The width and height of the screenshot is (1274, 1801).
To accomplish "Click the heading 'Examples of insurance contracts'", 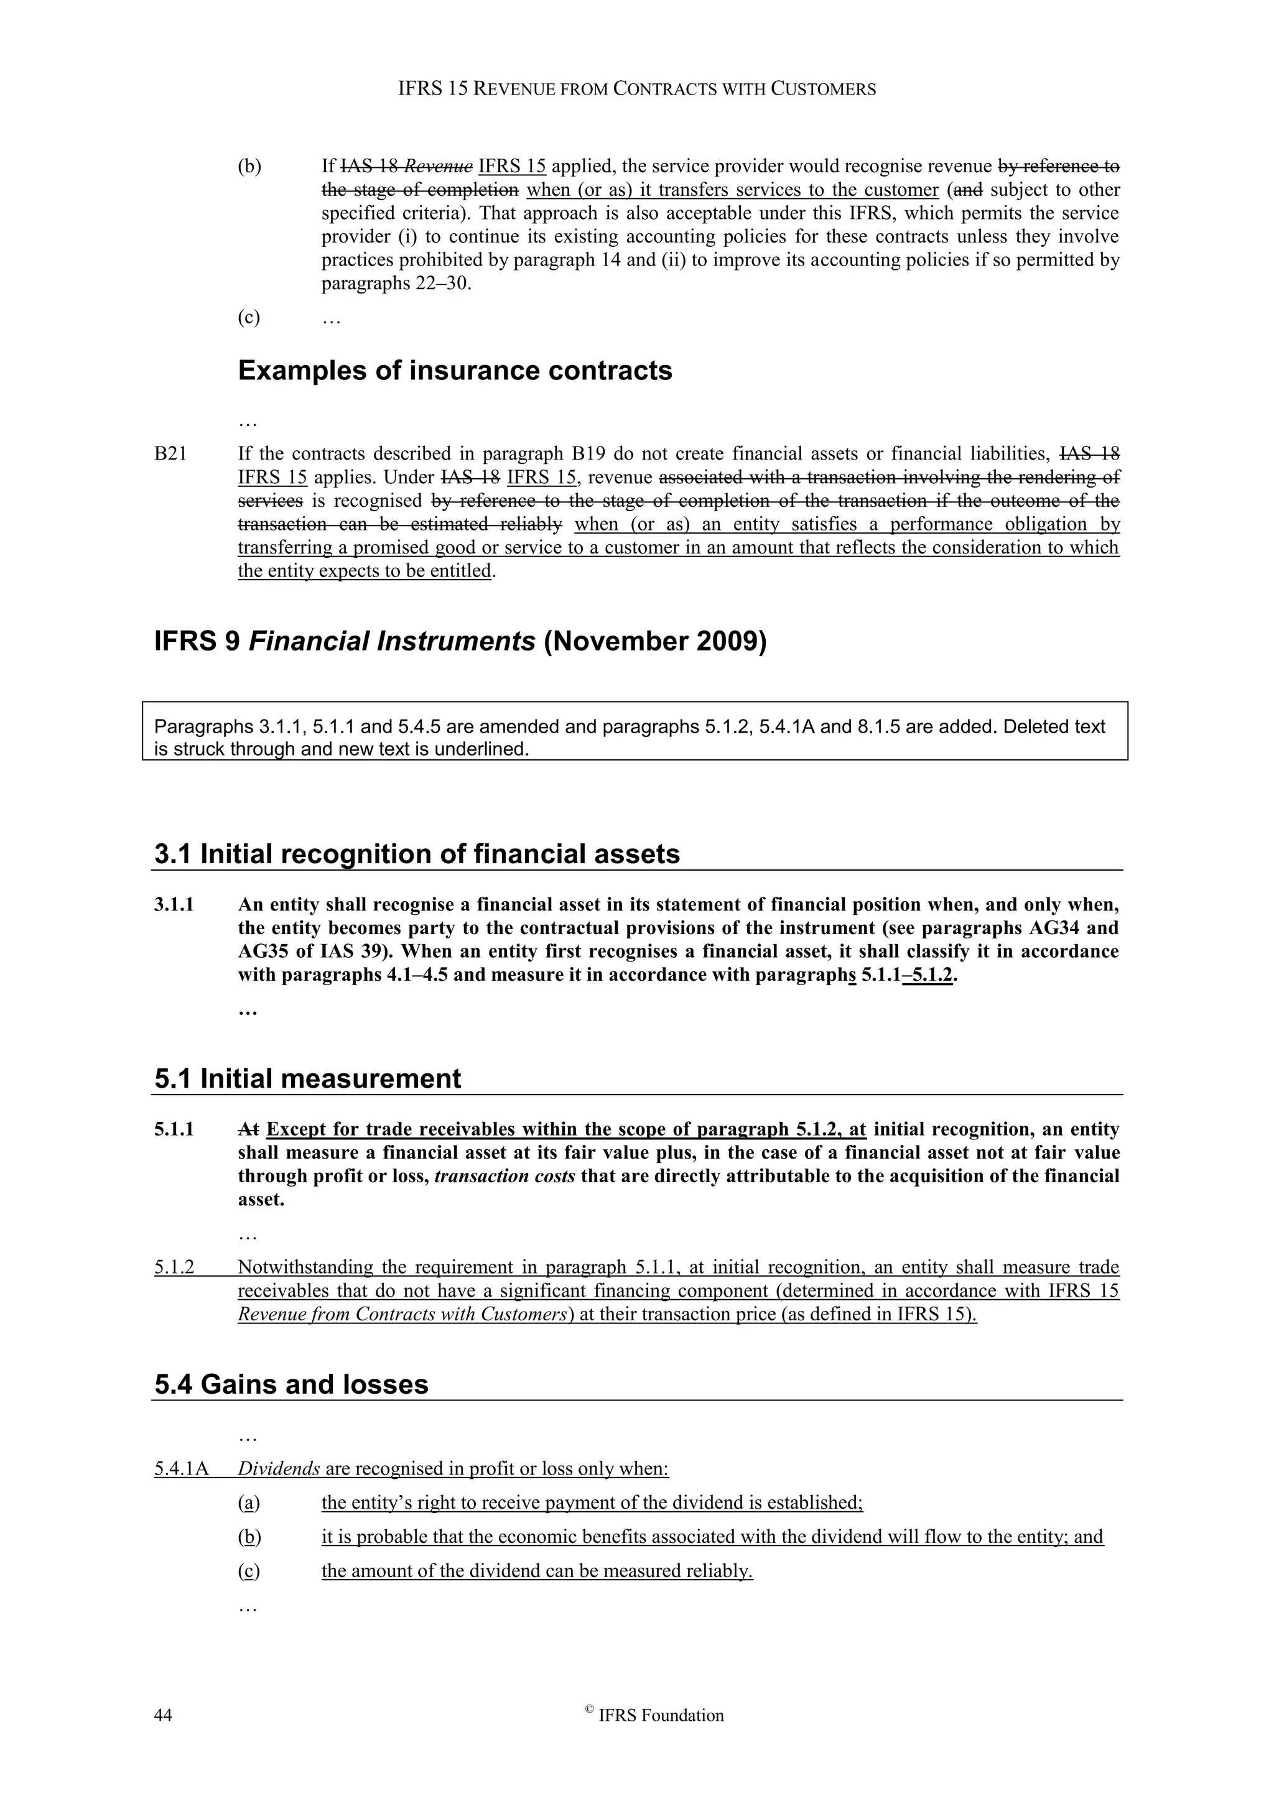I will pos(454,370).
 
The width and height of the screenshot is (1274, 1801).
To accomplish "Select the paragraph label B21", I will pos(170,453).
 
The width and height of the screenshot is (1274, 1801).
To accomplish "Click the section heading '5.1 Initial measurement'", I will pos(307,1078).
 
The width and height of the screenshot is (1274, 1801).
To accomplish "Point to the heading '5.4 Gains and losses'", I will pos(291,1384).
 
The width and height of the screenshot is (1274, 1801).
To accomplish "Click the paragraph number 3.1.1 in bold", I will pos(174,904).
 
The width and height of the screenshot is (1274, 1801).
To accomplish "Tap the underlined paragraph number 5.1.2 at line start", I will pos(174,1267).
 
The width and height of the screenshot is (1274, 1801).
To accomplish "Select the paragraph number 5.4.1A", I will pos(181,1468).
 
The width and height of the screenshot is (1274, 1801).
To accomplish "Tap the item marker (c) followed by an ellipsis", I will pos(249,318).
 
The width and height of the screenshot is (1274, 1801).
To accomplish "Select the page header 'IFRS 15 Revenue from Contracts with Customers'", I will pos(636,89).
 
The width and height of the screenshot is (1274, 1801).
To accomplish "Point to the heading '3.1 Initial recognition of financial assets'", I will pos(417,853).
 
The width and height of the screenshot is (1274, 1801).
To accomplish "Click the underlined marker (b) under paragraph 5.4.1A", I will pos(249,1537).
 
